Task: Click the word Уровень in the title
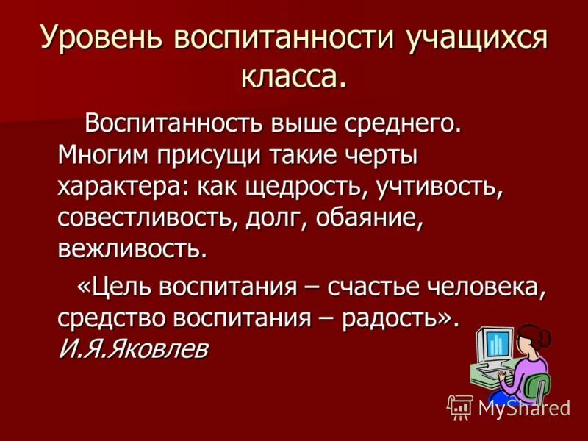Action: [94, 37]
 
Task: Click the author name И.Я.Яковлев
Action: [132, 348]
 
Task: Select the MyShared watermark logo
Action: [508, 406]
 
